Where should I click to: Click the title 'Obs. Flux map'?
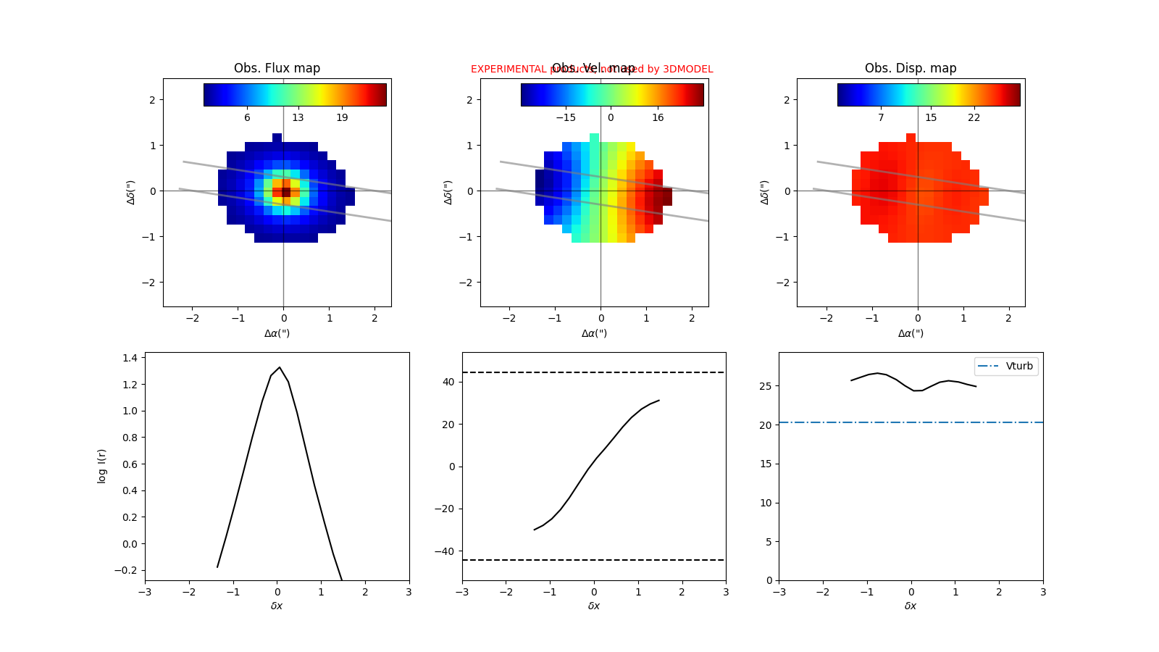(277, 68)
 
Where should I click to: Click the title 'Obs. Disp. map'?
(911, 68)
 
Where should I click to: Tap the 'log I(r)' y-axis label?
(102, 466)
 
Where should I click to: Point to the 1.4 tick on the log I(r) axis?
(130, 358)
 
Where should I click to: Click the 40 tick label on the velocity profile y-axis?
(448, 382)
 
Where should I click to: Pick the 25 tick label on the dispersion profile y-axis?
(766, 386)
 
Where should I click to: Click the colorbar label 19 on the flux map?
(342, 117)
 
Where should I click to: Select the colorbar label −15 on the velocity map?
(566, 117)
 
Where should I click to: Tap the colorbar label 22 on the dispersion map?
(974, 117)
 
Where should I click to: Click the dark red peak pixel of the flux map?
(286, 192)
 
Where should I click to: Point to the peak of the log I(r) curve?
(280, 367)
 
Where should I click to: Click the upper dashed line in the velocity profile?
(594, 372)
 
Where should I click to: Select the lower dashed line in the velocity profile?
(594, 560)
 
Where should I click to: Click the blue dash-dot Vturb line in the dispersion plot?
(869, 422)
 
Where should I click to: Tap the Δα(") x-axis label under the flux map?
(277, 333)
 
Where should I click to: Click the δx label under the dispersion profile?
(911, 606)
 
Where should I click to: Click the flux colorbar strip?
(295, 95)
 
